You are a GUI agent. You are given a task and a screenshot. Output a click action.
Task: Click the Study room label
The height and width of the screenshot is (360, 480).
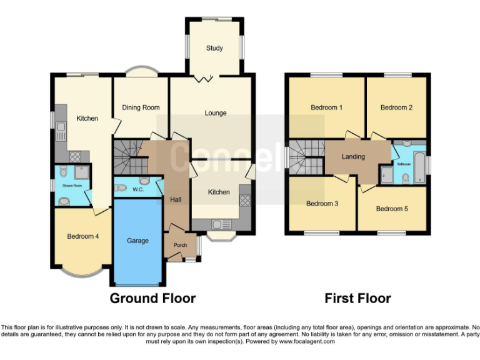(x=215, y=47)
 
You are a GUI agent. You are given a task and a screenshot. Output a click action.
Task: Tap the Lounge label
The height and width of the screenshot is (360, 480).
(x=215, y=113)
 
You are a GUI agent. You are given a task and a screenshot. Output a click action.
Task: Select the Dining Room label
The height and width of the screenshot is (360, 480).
(x=141, y=107)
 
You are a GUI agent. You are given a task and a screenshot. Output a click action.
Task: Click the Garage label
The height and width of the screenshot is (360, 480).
(x=137, y=240)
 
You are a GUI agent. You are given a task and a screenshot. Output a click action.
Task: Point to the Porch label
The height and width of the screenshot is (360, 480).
(x=180, y=245)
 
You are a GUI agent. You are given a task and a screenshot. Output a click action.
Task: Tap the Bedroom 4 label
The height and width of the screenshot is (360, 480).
(x=83, y=236)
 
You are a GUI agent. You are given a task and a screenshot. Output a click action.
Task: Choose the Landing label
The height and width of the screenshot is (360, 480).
(x=353, y=156)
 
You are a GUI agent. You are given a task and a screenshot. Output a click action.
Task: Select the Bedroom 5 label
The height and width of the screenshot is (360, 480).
(x=392, y=209)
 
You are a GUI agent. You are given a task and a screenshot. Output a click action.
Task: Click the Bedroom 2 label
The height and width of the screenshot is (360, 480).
(x=397, y=107)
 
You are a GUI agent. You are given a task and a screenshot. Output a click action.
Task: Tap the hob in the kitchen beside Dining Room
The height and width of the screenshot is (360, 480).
(x=75, y=157)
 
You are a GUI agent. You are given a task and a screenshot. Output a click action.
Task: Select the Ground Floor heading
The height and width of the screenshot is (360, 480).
(x=152, y=298)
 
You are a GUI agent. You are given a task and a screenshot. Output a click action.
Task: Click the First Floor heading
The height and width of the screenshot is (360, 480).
(x=357, y=298)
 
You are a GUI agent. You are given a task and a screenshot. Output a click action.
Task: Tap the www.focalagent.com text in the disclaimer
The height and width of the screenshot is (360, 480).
(x=307, y=342)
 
